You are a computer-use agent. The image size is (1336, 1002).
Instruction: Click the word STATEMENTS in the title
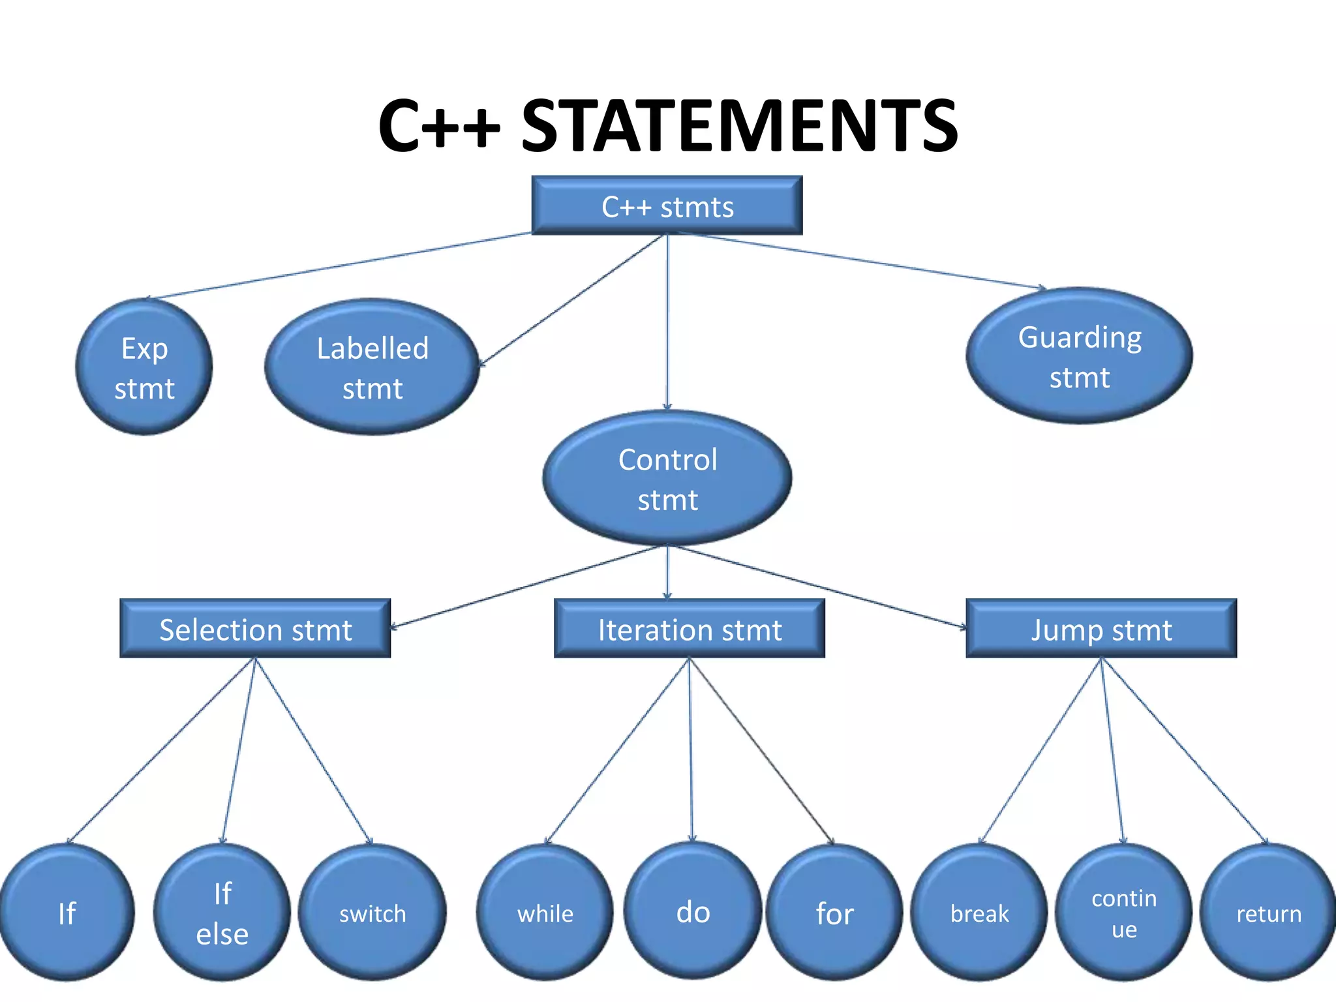[739, 125]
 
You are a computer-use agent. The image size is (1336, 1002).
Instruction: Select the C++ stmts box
[667, 205]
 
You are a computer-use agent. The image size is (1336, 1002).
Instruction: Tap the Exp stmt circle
[144, 367]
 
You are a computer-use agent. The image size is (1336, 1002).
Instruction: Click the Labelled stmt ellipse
[372, 367]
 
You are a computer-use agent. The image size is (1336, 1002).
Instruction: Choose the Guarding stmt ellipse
[1079, 356]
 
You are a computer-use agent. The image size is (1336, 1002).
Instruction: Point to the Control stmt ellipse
[667, 479]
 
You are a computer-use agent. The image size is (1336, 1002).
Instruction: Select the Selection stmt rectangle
[255, 629]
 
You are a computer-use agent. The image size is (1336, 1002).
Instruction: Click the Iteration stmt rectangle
[689, 629]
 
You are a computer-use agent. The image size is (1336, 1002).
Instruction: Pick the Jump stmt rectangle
[1101, 629]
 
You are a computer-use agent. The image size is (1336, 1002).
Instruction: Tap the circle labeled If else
[222, 913]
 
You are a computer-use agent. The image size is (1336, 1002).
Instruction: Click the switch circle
[372, 913]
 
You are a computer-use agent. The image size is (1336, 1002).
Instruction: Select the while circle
[545, 913]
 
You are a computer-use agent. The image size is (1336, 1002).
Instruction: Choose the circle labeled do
[693, 911]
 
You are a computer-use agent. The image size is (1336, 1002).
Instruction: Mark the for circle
[834, 913]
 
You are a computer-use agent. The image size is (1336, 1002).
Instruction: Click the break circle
[979, 913]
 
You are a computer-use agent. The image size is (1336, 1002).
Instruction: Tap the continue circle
[1123, 913]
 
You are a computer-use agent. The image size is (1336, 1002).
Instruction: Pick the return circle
[1268, 913]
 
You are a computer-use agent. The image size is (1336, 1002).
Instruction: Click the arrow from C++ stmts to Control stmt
[667, 320]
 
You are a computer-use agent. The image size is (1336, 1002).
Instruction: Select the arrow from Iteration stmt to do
[690, 750]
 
